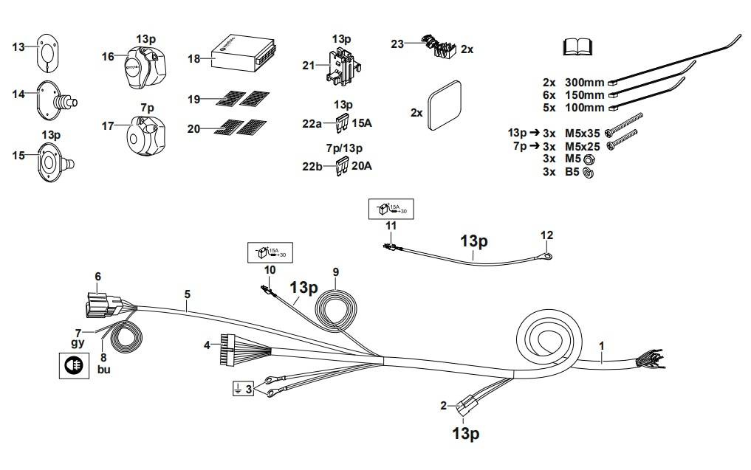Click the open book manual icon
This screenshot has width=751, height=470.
(579, 47)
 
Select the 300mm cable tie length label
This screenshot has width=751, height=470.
(584, 83)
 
